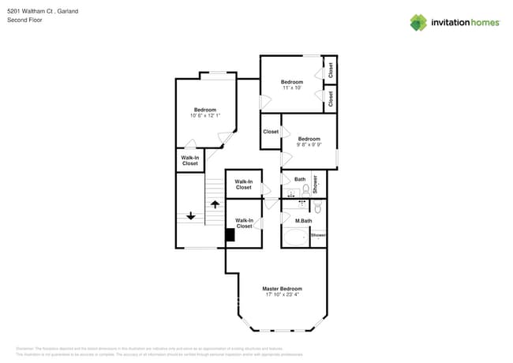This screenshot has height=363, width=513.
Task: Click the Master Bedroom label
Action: pos(282,289)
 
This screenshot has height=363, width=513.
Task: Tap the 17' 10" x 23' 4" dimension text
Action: pos(282,295)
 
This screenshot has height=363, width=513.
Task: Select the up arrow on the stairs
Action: pos(214,205)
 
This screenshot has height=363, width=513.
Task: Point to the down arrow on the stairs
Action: pos(190,215)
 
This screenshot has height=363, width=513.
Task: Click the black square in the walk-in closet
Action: pos(230,234)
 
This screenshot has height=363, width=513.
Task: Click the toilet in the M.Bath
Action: pos(317,208)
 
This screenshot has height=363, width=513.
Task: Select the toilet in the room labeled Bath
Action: pos(305,189)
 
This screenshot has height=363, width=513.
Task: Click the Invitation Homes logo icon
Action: pos(418,22)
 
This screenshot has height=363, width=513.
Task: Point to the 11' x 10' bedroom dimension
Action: pos(292,88)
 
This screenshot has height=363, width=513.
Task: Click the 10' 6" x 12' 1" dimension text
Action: pos(205,116)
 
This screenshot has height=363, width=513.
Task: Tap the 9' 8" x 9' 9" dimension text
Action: pos(309,144)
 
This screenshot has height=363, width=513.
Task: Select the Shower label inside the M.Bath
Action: pos(318,235)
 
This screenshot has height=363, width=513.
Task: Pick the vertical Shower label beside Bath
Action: pos(315,184)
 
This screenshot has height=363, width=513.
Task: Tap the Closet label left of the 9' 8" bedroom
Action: pos(271,132)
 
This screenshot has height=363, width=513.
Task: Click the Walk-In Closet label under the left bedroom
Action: pos(190,160)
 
